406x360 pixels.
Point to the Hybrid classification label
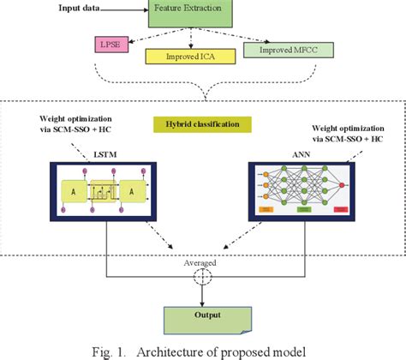[x=203, y=125]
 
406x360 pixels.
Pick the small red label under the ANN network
[x=343, y=208]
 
